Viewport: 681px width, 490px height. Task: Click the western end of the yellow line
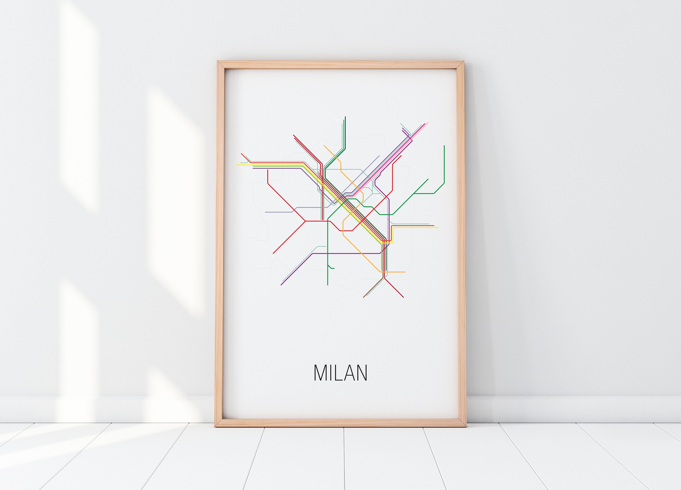(237, 165)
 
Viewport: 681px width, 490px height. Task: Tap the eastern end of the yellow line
(438, 227)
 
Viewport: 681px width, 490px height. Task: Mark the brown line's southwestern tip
(364, 297)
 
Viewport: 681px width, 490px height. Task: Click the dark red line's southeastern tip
(403, 297)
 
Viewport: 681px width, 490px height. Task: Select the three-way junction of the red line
(305, 221)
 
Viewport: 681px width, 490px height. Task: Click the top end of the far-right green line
(444, 146)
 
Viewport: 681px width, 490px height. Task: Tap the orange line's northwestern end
(324, 146)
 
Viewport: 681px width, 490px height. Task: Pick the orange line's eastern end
(405, 272)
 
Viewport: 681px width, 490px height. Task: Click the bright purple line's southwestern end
(281, 285)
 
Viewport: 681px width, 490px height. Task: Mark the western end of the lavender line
(265, 212)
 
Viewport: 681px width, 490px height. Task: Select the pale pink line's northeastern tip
(428, 123)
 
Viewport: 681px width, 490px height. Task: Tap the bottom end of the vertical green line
(328, 285)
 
